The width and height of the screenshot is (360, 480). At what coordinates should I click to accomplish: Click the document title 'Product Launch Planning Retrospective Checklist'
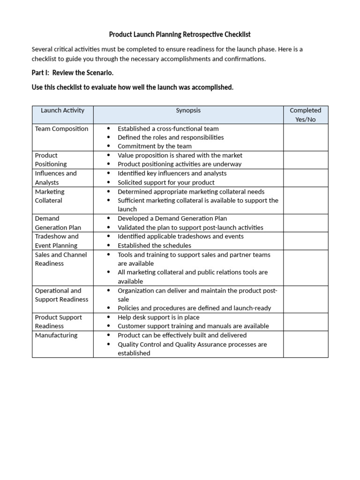[180, 35]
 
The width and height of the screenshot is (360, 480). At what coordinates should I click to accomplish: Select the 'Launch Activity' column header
[62, 111]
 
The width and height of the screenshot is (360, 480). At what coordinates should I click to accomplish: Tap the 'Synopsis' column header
[188, 111]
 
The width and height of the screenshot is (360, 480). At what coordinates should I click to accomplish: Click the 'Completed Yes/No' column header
[305, 115]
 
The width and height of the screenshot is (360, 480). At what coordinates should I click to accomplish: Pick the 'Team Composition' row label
[61, 129]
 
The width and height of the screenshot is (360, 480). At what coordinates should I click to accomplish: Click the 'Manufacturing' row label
[56, 336]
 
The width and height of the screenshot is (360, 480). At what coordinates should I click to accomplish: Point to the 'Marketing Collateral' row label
[50, 196]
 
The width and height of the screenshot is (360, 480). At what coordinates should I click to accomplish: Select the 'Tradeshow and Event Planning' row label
[57, 241]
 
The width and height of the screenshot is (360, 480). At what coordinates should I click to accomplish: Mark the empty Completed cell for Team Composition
[305, 137]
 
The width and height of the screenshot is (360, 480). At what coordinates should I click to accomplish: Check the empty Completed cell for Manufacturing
[305, 344]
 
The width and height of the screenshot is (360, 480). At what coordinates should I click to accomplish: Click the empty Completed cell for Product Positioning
[305, 160]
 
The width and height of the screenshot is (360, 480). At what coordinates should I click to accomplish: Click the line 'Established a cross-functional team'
[168, 129]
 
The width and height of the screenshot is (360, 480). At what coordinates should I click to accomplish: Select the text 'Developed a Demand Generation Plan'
[172, 218]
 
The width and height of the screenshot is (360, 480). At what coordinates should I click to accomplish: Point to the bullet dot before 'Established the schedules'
[108, 246]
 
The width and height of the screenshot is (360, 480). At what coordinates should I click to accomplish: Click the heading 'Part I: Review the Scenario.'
[73, 74]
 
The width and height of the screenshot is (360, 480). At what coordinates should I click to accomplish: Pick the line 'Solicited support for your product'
[166, 182]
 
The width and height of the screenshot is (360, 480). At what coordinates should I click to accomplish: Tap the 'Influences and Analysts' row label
[55, 178]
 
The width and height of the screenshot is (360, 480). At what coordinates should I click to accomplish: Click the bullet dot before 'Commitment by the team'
[108, 147]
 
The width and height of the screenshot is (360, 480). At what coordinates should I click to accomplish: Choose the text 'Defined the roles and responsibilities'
[171, 138]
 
